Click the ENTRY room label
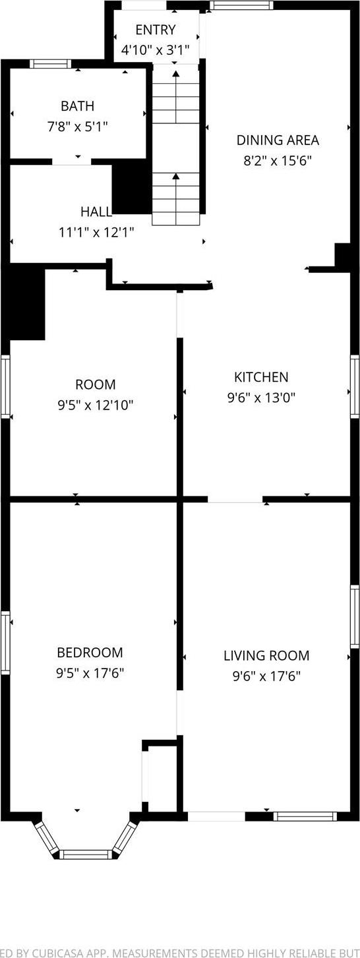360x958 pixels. tap(156, 30)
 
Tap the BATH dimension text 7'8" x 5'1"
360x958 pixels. tap(78, 126)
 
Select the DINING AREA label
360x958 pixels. tap(278, 140)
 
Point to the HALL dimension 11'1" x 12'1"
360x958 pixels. tap(96, 232)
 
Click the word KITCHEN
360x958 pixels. tap(261, 377)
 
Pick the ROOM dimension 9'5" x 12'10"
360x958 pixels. tap(96, 405)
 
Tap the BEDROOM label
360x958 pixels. tap(90, 653)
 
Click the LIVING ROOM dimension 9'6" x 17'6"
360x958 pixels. tap(266, 676)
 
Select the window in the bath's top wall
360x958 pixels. tap(51, 64)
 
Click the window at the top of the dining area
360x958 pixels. tap(241, 5)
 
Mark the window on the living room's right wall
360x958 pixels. tap(355, 616)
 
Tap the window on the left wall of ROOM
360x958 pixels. tap(5, 386)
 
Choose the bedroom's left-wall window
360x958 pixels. tap(5, 643)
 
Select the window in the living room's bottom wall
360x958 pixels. tap(305, 816)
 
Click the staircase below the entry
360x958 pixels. tap(176, 145)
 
